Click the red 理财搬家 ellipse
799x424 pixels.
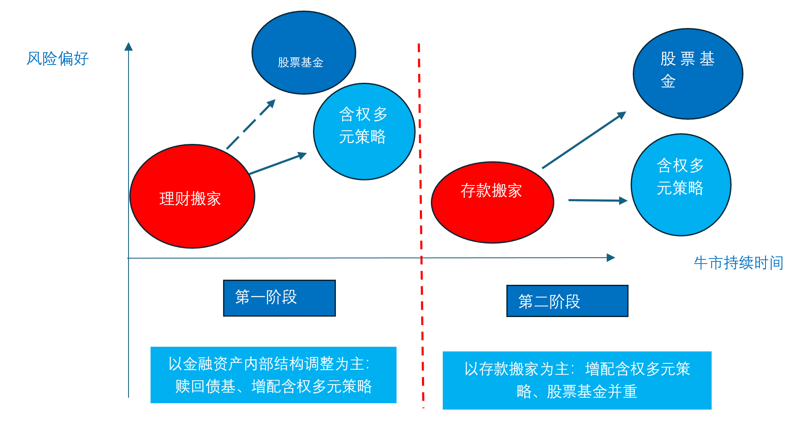192,197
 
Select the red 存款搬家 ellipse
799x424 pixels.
492,202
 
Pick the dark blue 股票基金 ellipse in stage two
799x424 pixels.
687,74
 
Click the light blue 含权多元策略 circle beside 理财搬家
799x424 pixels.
364,132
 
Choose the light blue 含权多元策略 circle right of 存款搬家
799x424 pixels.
681,185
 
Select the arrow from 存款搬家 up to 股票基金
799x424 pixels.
584,140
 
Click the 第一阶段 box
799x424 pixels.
279,298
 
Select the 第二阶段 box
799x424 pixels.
567,301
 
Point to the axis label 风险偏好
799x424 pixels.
58,59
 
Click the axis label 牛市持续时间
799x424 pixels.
738,263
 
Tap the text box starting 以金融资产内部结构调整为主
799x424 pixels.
273,375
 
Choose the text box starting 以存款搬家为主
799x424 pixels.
577,380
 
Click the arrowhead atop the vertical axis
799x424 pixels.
129,47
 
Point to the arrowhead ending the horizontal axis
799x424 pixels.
611,258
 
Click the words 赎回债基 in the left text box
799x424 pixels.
205,387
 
